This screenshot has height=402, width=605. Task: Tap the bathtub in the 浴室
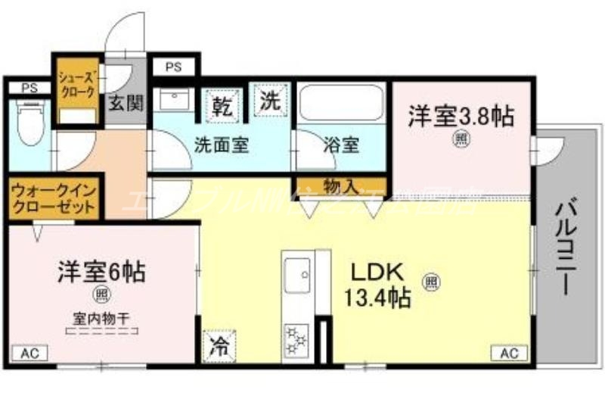tap(341, 104)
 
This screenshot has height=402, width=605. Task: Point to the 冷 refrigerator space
tap(218, 347)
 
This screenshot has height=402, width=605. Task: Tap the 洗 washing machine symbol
tap(270, 101)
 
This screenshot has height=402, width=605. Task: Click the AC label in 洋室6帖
tap(29, 353)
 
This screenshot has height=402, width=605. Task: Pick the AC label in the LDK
tap(509, 353)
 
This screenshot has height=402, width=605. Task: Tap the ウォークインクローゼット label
tap(53, 199)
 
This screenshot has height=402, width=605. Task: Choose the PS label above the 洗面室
tap(173, 67)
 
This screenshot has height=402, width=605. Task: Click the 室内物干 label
tap(100, 318)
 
